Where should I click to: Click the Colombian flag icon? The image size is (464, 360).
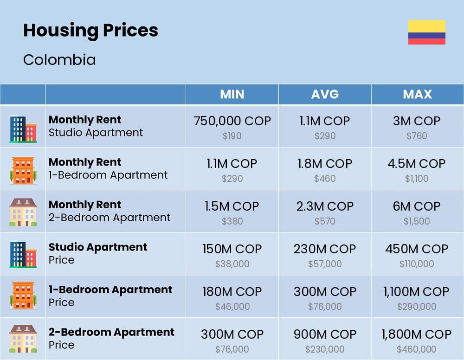[426, 32]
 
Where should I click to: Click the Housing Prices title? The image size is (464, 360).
[90, 31]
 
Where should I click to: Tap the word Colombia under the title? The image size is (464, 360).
[59, 60]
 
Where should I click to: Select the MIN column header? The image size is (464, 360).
[232, 94]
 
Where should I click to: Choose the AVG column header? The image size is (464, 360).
[325, 94]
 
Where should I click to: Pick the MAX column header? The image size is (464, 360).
[417, 94]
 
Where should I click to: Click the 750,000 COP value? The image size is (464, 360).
[232, 121]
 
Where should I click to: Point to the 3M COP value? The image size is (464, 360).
[417, 121]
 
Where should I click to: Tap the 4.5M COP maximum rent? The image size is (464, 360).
[417, 164]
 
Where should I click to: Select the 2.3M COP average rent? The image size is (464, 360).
[325, 206]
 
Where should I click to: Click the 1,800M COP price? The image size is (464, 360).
[417, 334]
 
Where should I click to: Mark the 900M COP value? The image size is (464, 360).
[325, 334]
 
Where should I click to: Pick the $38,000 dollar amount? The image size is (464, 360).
[232, 264]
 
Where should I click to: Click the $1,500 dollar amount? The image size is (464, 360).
[417, 221]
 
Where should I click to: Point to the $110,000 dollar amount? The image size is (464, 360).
[417, 264]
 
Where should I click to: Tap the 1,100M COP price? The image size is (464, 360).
[417, 292]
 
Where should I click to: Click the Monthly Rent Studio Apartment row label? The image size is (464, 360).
[96, 126]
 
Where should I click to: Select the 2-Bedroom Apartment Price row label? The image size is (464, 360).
[111, 339]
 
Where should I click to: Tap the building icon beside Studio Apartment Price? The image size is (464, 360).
[23, 254]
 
